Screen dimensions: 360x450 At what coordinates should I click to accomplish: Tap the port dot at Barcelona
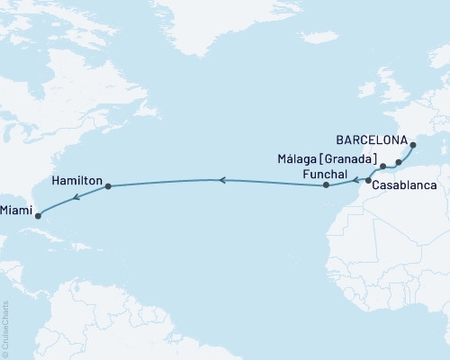click(413, 145)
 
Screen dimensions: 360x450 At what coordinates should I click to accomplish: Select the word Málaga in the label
click(301, 159)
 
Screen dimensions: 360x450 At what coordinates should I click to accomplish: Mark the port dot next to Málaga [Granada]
click(382, 166)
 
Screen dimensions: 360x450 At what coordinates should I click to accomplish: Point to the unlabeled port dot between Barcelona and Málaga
click(399, 162)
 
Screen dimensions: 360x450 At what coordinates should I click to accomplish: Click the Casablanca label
click(405, 185)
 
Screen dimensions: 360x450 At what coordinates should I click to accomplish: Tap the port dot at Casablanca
click(368, 181)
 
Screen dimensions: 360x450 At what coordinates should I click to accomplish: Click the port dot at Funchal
click(326, 186)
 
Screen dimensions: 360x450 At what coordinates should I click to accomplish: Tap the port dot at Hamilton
click(108, 187)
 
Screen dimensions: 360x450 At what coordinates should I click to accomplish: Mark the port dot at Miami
click(37, 214)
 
